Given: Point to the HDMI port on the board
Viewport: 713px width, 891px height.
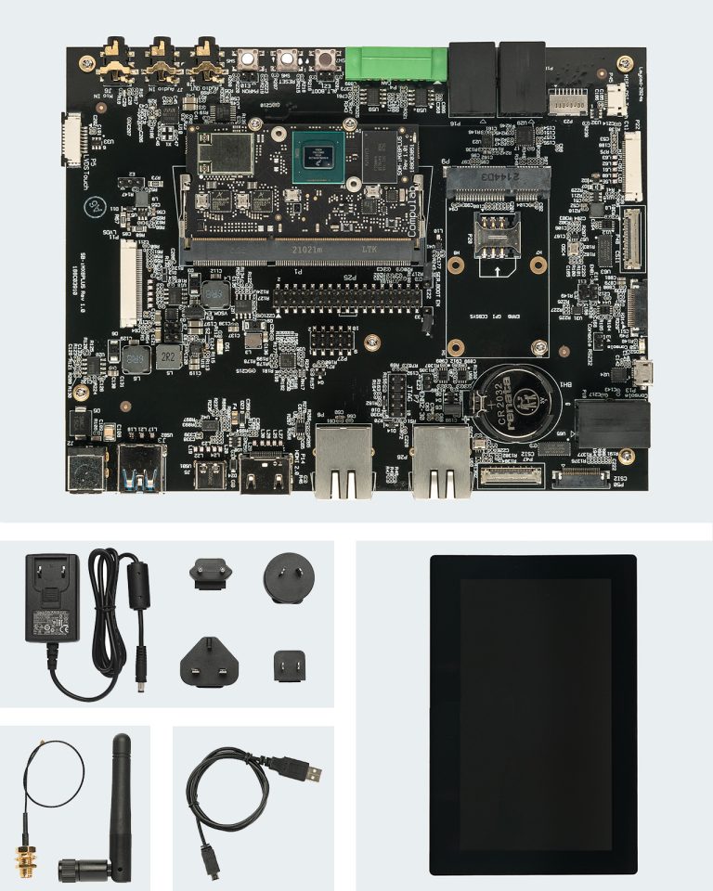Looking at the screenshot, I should tap(266, 474).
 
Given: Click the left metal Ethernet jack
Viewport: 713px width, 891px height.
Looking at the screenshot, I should tap(344, 461).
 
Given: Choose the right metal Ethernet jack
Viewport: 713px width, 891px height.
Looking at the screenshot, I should tap(443, 461).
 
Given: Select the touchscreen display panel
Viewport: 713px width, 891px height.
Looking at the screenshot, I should tap(533, 715).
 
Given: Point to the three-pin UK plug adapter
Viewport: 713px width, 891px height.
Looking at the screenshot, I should tap(210, 659).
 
